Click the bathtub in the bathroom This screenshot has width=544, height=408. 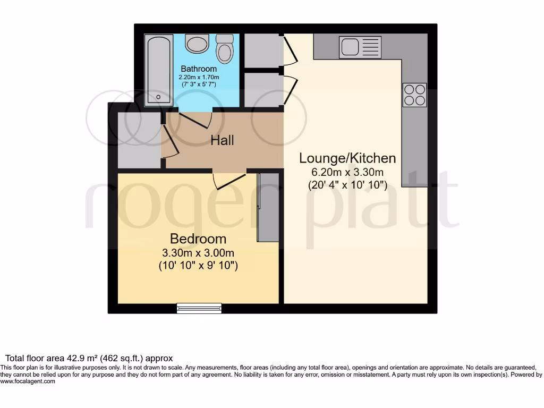[158, 69]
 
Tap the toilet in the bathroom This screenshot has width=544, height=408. [225, 49]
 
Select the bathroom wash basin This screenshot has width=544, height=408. [197, 44]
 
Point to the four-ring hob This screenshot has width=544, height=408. [414, 95]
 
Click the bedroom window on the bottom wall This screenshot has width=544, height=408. [199, 308]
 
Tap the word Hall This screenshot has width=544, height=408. [222, 141]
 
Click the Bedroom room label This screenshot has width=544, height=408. [198, 239]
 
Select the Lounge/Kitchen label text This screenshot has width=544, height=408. [347, 158]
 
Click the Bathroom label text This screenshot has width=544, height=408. [199, 69]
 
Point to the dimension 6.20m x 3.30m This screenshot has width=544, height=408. [347, 172]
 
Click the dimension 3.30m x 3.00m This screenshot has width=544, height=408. [198, 252]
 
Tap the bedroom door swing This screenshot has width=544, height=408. [228, 181]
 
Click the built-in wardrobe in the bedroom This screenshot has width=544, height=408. [268, 207]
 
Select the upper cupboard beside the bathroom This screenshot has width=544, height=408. [262, 50]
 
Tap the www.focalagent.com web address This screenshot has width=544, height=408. [28, 381]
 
